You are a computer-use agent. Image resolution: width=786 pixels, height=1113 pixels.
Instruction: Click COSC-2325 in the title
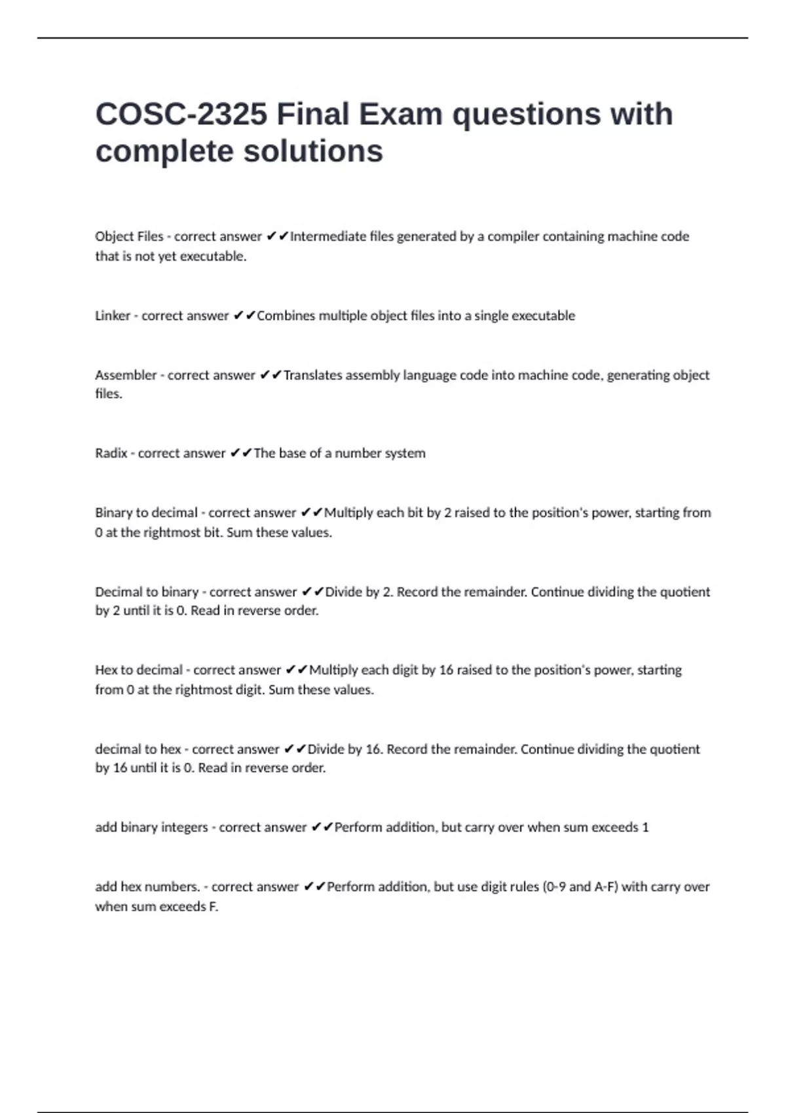pyautogui.click(x=181, y=115)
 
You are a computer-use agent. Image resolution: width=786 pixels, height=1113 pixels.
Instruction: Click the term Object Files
pyautogui.click(x=129, y=236)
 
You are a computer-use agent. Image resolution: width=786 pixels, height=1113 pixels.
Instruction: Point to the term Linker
pyautogui.click(x=113, y=316)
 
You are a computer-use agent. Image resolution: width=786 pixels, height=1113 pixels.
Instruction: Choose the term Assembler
pyautogui.click(x=126, y=375)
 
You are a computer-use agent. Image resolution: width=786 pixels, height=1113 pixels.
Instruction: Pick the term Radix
pyautogui.click(x=111, y=453)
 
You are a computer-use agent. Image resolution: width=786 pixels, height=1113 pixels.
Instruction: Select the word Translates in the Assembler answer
pyautogui.click(x=312, y=375)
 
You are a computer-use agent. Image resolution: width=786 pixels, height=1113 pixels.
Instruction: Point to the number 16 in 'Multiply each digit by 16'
pyautogui.click(x=446, y=670)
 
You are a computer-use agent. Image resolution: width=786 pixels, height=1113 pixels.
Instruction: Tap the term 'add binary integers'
pyautogui.click(x=151, y=827)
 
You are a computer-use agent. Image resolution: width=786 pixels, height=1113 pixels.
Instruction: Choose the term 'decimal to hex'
pyautogui.click(x=138, y=749)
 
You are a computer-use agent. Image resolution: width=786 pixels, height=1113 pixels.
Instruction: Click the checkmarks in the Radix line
pyautogui.click(x=241, y=453)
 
